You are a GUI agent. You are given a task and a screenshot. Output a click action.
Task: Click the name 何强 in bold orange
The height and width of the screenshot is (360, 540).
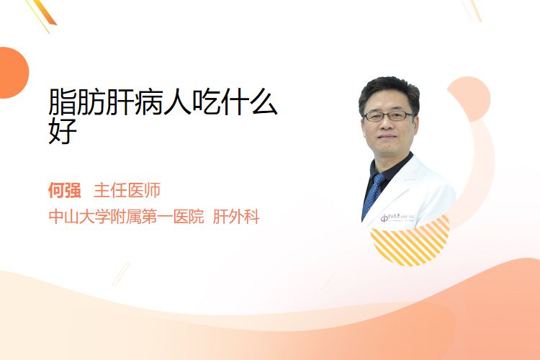click(x=65, y=190)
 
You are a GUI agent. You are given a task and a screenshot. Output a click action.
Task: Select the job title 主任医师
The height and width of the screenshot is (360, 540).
click(x=127, y=190)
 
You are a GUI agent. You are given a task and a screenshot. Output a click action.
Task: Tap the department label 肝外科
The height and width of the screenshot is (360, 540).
click(x=236, y=217)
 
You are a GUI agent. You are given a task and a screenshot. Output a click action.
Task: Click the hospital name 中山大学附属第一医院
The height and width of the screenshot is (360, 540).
click(x=127, y=217)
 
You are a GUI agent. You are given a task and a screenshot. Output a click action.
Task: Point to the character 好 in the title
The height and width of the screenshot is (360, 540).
click(x=63, y=130)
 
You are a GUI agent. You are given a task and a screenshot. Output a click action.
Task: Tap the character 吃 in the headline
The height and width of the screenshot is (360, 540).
click(x=206, y=102)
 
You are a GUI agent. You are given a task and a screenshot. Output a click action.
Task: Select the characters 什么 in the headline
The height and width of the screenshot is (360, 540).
click(x=249, y=102)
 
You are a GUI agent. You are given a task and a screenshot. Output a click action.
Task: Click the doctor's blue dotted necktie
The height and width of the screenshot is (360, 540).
click(x=373, y=194)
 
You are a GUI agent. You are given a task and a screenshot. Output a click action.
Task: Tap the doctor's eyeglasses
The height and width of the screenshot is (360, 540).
click(x=389, y=116)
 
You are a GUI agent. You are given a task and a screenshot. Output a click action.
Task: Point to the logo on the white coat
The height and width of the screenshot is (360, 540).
click(x=397, y=217)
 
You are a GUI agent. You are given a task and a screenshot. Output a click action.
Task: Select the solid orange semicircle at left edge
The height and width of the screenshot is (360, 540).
click(x=13, y=73)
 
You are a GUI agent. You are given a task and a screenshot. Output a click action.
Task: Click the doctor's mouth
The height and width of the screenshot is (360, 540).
click(x=387, y=137)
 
